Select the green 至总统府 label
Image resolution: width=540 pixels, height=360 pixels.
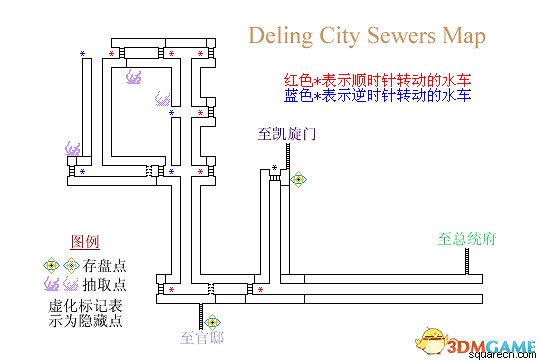point(467,240)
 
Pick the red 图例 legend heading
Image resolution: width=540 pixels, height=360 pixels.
point(86,242)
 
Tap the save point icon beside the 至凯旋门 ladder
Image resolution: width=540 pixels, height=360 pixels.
point(298,179)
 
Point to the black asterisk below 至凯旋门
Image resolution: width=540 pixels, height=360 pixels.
point(274,167)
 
